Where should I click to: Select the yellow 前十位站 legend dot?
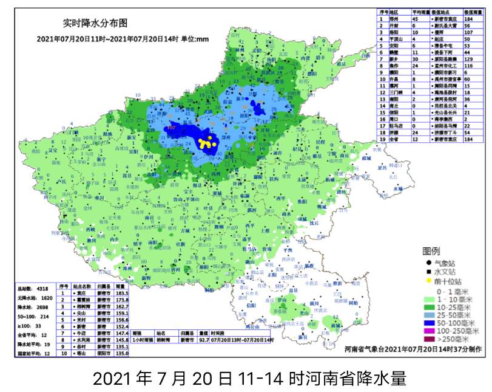[428, 282]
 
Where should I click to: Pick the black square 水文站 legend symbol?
[428, 273]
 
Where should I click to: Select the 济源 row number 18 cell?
[382, 132]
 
